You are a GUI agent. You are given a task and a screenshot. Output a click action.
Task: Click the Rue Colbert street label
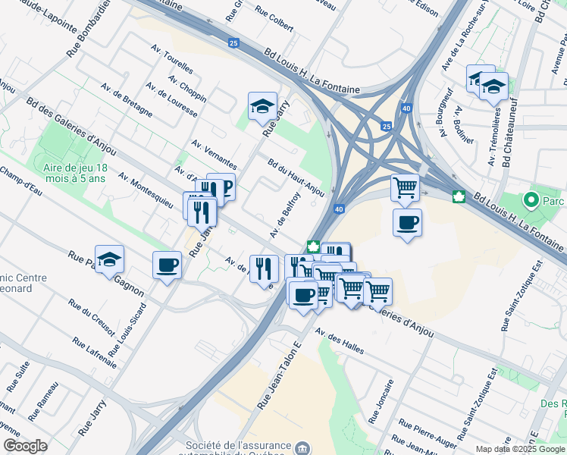(x=274, y=19)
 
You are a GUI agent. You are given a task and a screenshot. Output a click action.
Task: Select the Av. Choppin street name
(x=187, y=87)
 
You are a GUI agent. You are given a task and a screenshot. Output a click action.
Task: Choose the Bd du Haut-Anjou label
(x=296, y=177)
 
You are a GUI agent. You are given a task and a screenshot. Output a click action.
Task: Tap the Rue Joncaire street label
(x=381, y=402)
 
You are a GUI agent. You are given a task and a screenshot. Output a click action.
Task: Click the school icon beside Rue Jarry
(x=262, y=105)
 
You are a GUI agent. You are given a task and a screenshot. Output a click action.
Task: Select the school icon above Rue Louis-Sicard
(x=109, y=259)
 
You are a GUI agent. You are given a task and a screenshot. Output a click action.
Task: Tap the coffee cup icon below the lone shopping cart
(x=407, y=222)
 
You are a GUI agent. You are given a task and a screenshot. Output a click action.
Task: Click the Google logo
(x=25, y=446)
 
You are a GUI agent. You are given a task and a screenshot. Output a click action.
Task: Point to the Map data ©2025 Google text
(x=519, y=449)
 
